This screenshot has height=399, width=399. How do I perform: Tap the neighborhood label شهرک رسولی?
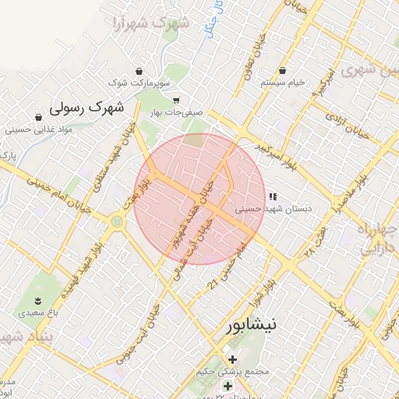(x=87, y=107)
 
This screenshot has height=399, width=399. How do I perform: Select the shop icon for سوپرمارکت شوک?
(x=139, y=70)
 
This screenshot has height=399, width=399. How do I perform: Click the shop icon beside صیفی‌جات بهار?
(x=176, y=100)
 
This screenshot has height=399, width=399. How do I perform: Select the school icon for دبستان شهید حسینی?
(x=273, y=197)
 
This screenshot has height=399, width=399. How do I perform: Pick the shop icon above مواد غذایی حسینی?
(x=35, y=118)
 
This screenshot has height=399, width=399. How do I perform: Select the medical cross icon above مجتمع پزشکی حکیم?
(x=232, y=359)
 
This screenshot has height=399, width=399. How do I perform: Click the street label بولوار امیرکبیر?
(x=269, y=146)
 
